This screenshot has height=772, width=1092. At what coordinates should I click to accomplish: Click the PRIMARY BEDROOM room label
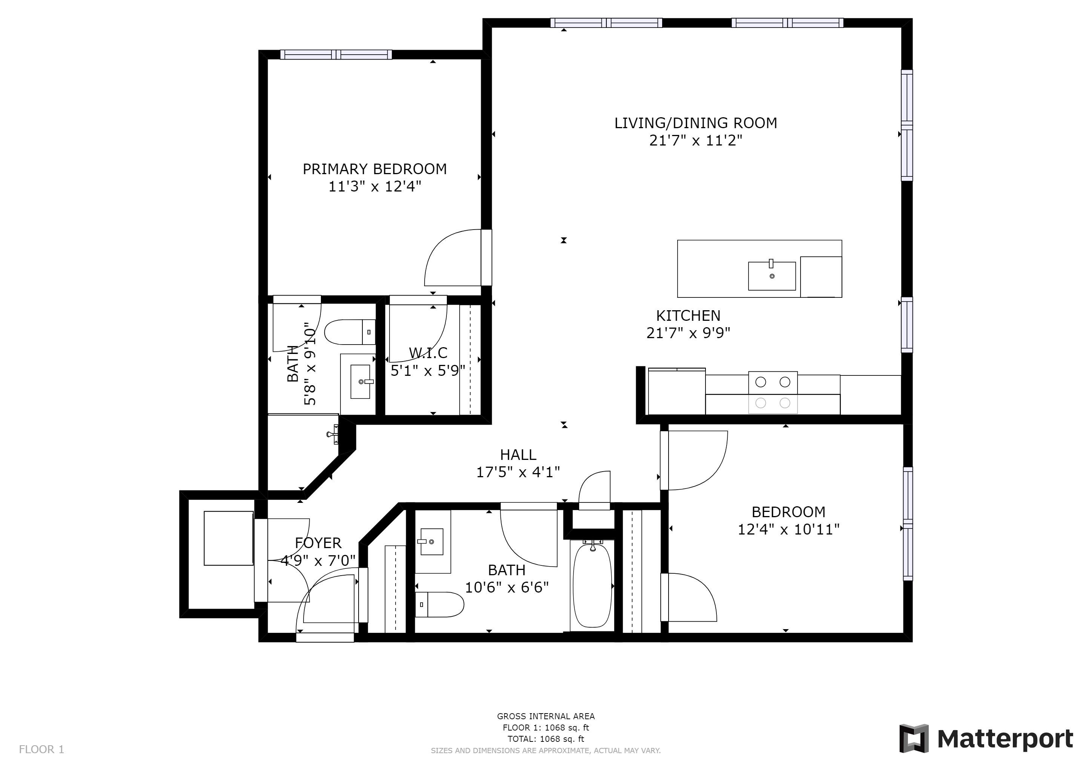[374, 169]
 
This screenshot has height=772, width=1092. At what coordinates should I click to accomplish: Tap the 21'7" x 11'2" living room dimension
[695, 141]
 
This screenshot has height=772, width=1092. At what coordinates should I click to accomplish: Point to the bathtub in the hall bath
[592, 587]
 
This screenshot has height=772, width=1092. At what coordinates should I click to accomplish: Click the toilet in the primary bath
[349, 332]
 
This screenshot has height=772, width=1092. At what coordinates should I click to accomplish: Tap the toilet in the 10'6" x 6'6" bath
[439, 604]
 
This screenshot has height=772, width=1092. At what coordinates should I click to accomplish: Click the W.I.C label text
[428, 353]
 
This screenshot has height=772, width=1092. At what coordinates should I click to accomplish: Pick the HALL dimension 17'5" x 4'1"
[518, 472]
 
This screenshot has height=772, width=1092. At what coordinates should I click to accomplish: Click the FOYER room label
[318, 543]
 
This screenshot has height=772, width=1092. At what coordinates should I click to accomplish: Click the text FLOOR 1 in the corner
[41, 750]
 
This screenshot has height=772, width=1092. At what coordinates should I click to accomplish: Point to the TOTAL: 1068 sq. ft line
[546, 739]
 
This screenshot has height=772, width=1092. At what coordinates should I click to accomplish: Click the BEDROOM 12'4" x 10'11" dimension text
[788, 530]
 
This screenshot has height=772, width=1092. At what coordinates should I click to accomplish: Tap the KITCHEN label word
[688, 316]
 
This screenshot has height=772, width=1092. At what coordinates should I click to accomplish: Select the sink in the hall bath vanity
[431, 541]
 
